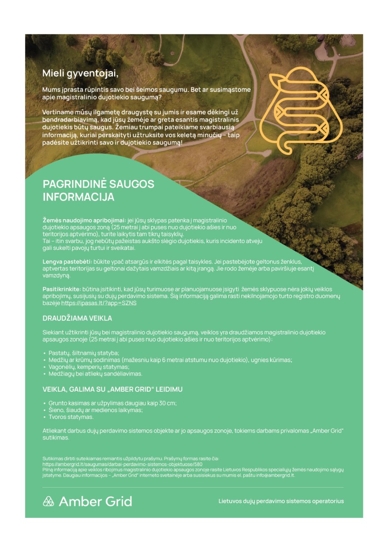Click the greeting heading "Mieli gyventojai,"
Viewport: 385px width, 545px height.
click(x=80, y=73)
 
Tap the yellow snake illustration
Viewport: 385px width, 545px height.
click(x=301, y=110)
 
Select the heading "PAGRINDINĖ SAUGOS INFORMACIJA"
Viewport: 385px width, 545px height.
click(x=98, y=190)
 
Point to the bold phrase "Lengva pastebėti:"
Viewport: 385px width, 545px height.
click(x=67, y=262)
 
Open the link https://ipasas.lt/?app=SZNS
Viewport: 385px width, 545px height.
click(x=99, y=303)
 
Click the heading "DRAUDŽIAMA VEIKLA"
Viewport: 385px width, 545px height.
click(x=77, y=318)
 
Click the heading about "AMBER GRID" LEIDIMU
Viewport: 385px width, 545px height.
click(x=112, y=389)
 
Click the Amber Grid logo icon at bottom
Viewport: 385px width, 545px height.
click(x=48, y=501)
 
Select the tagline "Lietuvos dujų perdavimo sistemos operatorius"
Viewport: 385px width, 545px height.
click(x=281, y=501)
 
